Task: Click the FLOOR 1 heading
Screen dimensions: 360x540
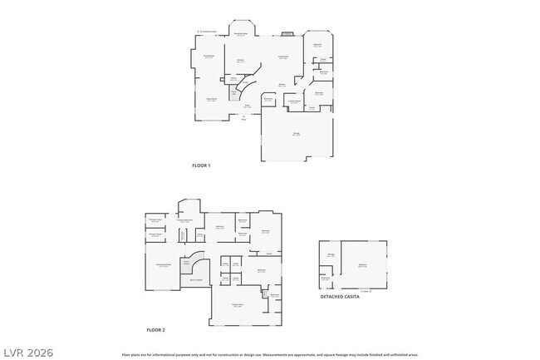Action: pyautogui.click(x=201, y=166)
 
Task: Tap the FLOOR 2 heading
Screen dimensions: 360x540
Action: pyautogui.click(x=155, y=330)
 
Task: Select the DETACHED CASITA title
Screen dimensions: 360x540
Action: pyautogui.click(x=340, y=296)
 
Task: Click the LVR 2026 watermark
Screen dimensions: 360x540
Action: pyautogui.click(x=27, y=353)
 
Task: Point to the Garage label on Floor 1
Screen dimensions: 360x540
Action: pyautogui.click(x=296, y=133)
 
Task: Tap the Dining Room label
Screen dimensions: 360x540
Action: pyautogui.click(x=209, y=56)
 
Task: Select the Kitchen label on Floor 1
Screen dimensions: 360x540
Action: pyautogui.click(x=240, y=61)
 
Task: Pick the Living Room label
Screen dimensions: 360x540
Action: pyautogui.click(x=282, y=57)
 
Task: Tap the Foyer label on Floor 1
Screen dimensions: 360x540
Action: pyautogui.click(x=247, y=106)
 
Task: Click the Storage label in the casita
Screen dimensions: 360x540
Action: pyautogui.click(x=331, y=254)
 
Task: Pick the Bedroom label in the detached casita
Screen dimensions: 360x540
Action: pyautogui.click(x=362, y=265)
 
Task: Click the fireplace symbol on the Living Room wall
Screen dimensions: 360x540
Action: pyautogui.click(x=287, y=35)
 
